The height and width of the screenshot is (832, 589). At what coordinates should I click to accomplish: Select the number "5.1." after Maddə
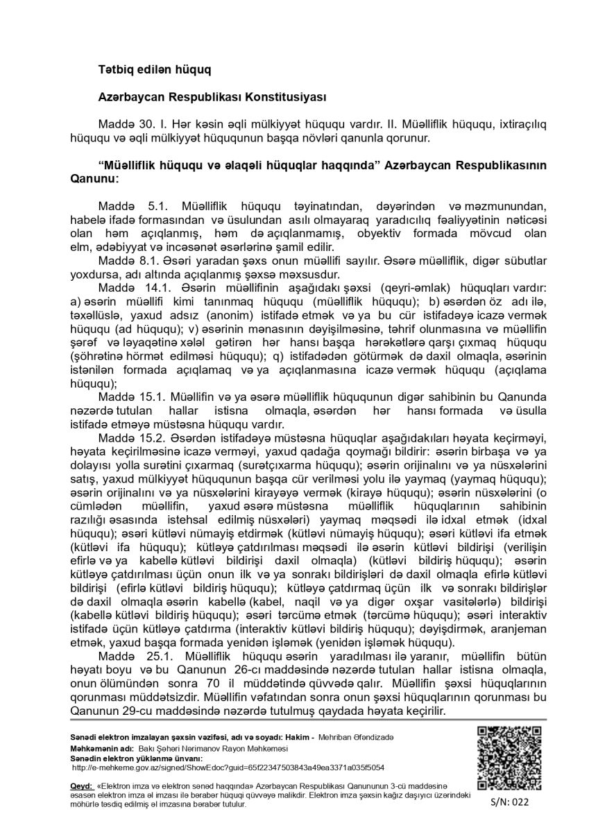click(160, 207)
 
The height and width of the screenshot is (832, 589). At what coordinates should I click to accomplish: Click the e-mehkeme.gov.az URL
click(228, 767)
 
